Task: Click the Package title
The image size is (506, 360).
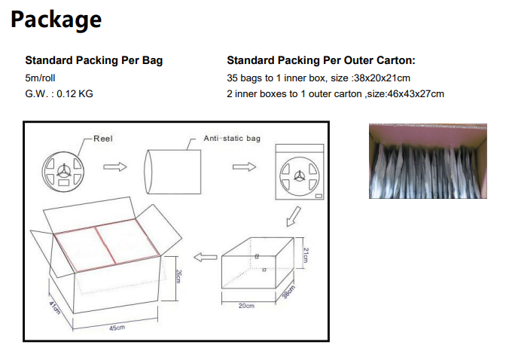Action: pos(56,20)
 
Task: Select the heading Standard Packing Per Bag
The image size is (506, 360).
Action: pos(94,60)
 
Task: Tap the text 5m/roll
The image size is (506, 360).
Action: pos(40,78)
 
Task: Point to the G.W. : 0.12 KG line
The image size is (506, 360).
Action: pos(59,93)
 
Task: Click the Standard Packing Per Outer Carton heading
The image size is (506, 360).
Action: pos(321,60)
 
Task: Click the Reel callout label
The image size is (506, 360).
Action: pos(103,139)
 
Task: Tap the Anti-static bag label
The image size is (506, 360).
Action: pos(232,139)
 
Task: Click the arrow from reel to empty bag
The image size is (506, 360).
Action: pos(115,166)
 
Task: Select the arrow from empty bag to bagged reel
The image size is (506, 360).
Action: pos(244,166)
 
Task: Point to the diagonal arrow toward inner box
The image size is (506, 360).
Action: pos(294,217)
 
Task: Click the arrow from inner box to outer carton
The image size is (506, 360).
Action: pos(206,257)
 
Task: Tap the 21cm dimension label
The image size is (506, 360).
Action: pos(306,255)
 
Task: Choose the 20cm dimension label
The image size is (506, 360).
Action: pos(246,306)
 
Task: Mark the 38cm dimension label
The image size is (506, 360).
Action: pos(288,292)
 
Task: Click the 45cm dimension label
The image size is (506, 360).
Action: pos(117,328)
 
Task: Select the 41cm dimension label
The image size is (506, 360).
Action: pos(54,307)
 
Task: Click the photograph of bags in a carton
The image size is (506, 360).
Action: pos(428,160)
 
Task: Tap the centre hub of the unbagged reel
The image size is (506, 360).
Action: pos(63,171)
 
